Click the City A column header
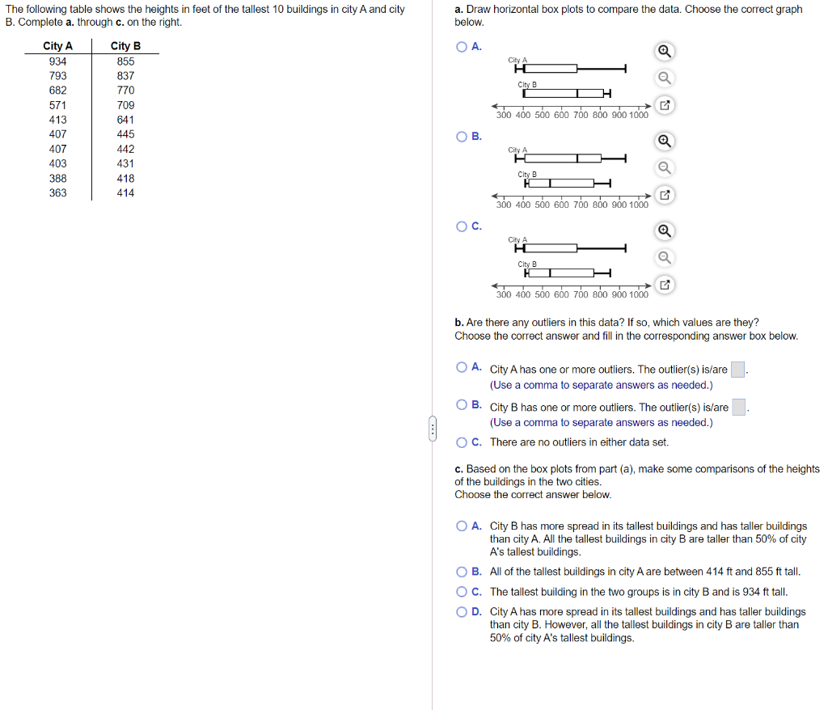point(57,46)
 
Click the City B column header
point(125,46)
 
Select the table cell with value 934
point(57,61)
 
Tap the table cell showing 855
point(125,61)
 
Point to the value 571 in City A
point(57,105)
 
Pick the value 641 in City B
point(125,120)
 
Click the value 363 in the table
point(57,192)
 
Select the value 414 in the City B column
point(125,192)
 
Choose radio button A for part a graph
point(462,46)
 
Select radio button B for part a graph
point(462,136)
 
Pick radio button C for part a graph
point(462,226)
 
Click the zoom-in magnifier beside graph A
point(663,52)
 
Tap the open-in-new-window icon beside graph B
point(663,196)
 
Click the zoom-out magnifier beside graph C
point(663,258)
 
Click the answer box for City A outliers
point(737,370)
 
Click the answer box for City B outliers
point(739,408)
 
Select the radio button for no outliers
point(462,442)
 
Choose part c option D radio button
point(462,612)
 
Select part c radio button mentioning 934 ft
point(462,592)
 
